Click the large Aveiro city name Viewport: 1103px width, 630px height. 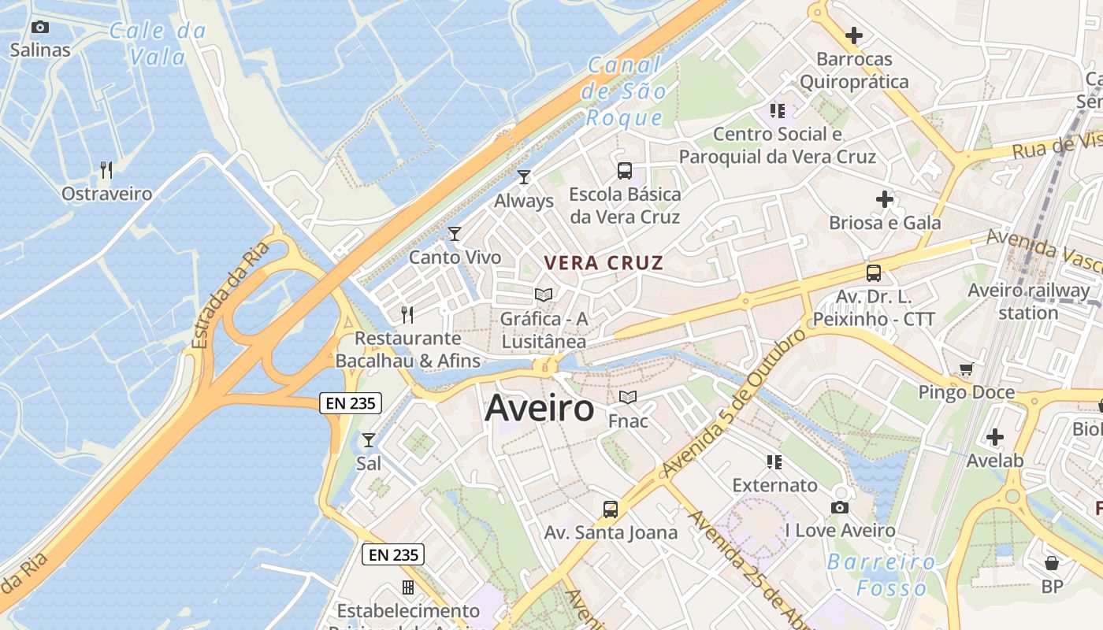point(540,408)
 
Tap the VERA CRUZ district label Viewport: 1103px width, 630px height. point(604,263)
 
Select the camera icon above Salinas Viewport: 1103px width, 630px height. point(40,28)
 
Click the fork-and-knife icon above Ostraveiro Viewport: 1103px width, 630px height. point(106,169)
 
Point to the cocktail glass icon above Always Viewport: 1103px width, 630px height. point(524,177)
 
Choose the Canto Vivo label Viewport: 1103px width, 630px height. point(455,257)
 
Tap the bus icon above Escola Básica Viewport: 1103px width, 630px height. point(625,170)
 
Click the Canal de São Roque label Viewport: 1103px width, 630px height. point(625,91)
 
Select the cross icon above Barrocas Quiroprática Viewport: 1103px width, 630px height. point(854,35)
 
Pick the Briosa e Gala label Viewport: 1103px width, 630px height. point(885,223)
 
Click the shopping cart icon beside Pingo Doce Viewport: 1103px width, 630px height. point(967,369)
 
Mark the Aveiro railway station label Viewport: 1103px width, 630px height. point(1028,301)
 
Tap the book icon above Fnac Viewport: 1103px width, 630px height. point(628,398)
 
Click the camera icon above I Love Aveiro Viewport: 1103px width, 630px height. point(840,508)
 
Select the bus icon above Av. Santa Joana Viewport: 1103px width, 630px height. point(611,510)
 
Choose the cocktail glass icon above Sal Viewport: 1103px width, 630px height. point(368,440)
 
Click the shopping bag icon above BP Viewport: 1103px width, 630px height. point(1052,563)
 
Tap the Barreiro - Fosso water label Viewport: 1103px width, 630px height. point(881,575)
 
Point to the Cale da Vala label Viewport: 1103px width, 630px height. point(158,44)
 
